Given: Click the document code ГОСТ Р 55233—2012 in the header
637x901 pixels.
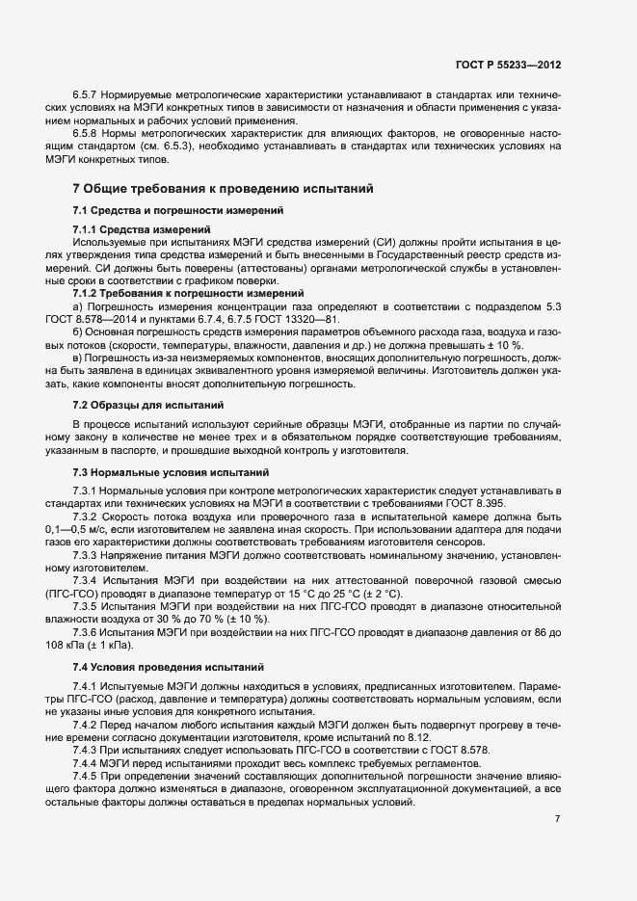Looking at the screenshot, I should (508, 65).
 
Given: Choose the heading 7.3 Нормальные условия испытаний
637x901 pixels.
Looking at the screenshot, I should (164, 472).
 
